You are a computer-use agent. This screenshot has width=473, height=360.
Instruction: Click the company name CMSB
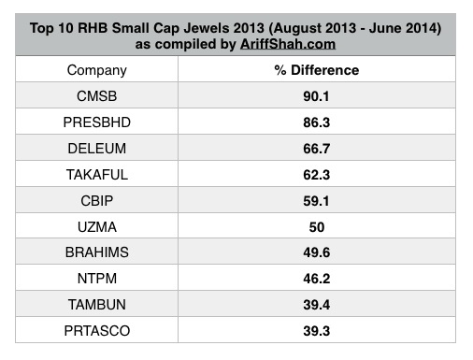point(97,95)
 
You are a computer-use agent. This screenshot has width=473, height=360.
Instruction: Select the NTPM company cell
point(97,276)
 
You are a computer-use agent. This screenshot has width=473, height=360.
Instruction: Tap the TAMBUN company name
point(97,302)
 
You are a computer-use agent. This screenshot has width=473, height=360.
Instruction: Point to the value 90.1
point(316,95)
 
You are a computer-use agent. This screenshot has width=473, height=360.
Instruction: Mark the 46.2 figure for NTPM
point(316,276)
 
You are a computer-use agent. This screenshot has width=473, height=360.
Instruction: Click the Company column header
point(97,70)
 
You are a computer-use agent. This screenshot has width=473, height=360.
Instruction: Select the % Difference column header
point(316,70)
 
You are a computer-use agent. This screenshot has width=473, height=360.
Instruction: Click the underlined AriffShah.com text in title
point(282,42)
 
